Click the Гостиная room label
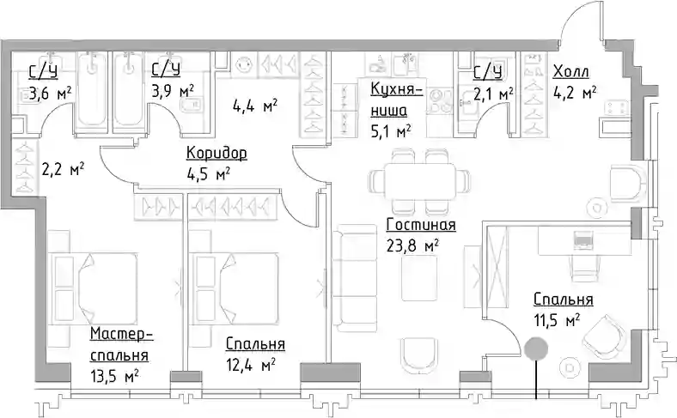421,225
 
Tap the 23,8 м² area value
413,245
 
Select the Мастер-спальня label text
121,345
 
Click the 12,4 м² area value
250,365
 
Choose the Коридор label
217,153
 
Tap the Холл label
570,71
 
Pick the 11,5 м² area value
556,320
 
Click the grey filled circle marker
536,348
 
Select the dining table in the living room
419,180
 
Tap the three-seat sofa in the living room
355,278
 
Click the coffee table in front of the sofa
419,278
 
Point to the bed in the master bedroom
94,288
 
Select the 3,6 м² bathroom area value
50,93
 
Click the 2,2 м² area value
63,169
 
